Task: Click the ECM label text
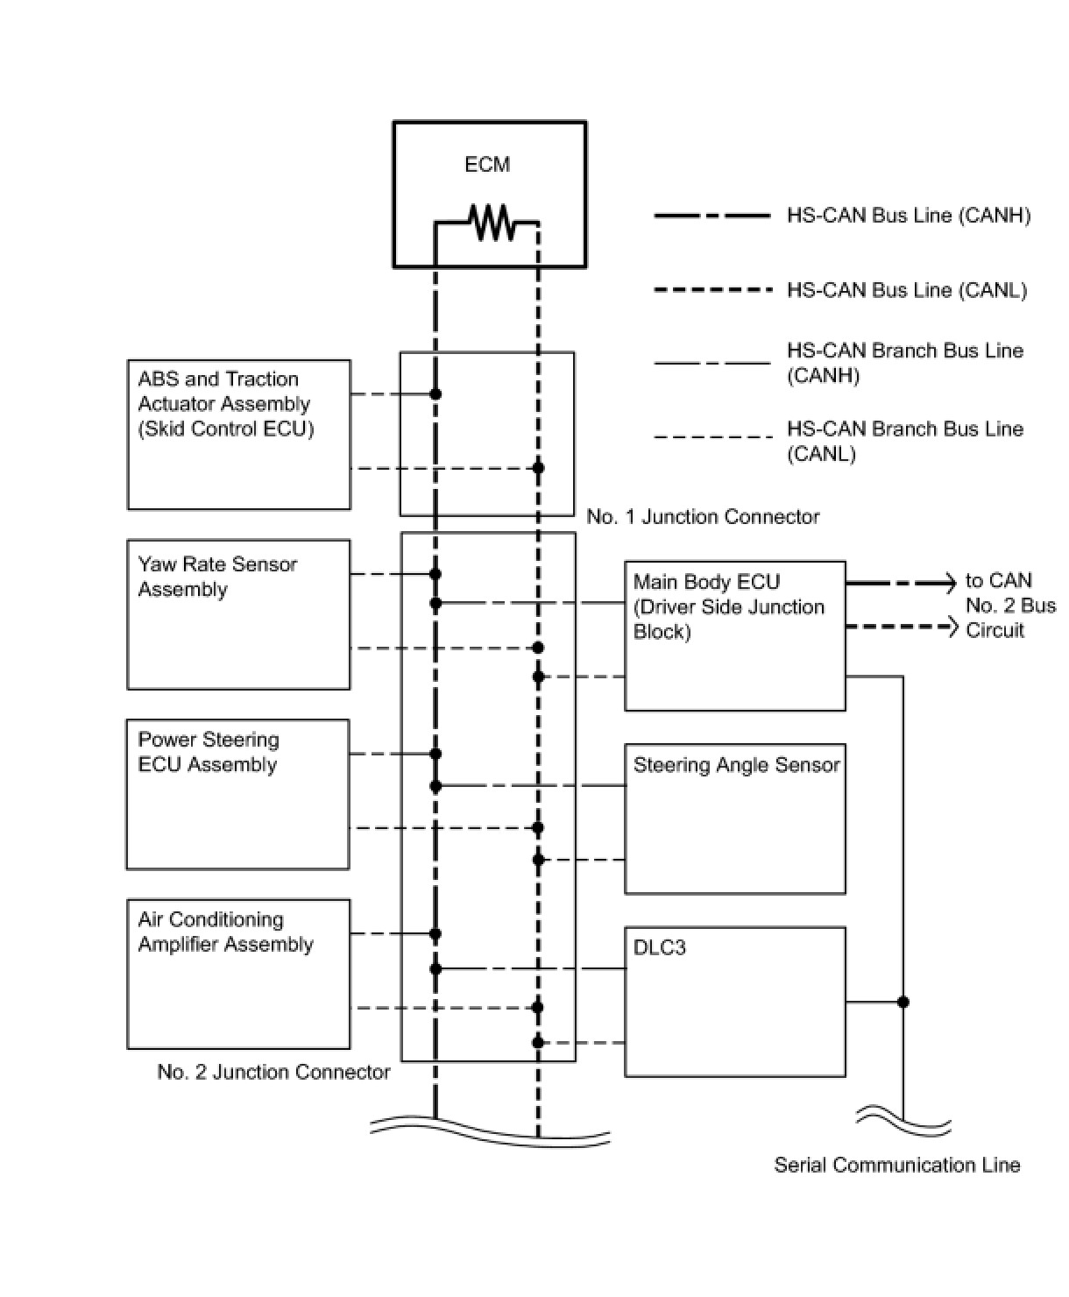click(487, 165)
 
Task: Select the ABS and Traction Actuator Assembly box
click(238, 435)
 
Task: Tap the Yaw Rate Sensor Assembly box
click(238, 614)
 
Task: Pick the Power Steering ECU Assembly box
click(237, 794)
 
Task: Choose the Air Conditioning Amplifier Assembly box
click(238, 974)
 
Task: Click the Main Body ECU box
click(734, 635)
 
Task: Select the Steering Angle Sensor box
click(734, 819)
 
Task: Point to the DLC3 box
click(734, 1002)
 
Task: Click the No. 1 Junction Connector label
click(703, 517)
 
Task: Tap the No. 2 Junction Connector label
click(273, 1072)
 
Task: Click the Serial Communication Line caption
click(896, 1165)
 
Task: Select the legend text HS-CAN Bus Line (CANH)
click(908, 216)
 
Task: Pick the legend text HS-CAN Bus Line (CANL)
click(906, 290)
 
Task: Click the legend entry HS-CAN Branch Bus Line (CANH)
click(904, 363)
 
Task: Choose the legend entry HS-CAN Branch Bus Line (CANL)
click(904, 441)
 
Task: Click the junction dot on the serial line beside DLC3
click(903, 1002)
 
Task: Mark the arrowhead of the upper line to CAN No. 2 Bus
click(950, 582)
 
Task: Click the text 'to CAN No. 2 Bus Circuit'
click(1009, 606)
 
